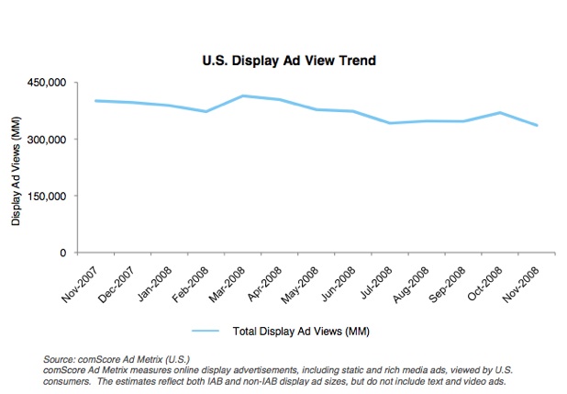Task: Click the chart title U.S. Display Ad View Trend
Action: click(x=290, y=61)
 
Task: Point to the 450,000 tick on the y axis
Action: click(x=46, y=83)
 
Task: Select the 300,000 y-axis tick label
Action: click(x=46, y=140)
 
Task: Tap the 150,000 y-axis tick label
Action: click(x=46, y=196)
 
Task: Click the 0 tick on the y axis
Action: click(x=62, y=253)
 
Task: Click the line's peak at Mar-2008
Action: click(x=242, y=96)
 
